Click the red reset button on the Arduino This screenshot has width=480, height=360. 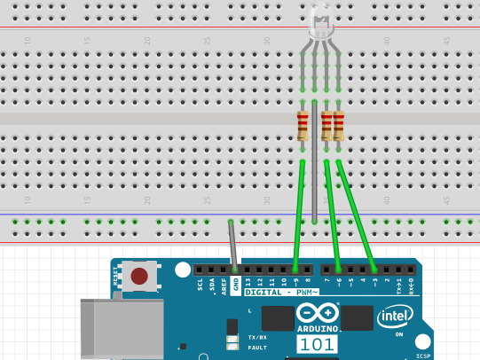(139, 277)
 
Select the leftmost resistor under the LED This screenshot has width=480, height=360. (303, 126)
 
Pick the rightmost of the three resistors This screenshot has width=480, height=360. (339, 126)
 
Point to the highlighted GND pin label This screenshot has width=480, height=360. (235, 286)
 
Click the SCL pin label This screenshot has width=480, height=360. (201, 286)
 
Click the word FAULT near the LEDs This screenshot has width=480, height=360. (257, 347)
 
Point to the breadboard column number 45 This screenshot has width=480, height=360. (445, 41)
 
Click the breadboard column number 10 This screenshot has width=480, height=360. (28, 41)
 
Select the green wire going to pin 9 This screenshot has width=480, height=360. (299, 213)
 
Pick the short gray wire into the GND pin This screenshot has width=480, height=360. (232, 244)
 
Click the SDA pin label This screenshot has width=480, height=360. (212, 286)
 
